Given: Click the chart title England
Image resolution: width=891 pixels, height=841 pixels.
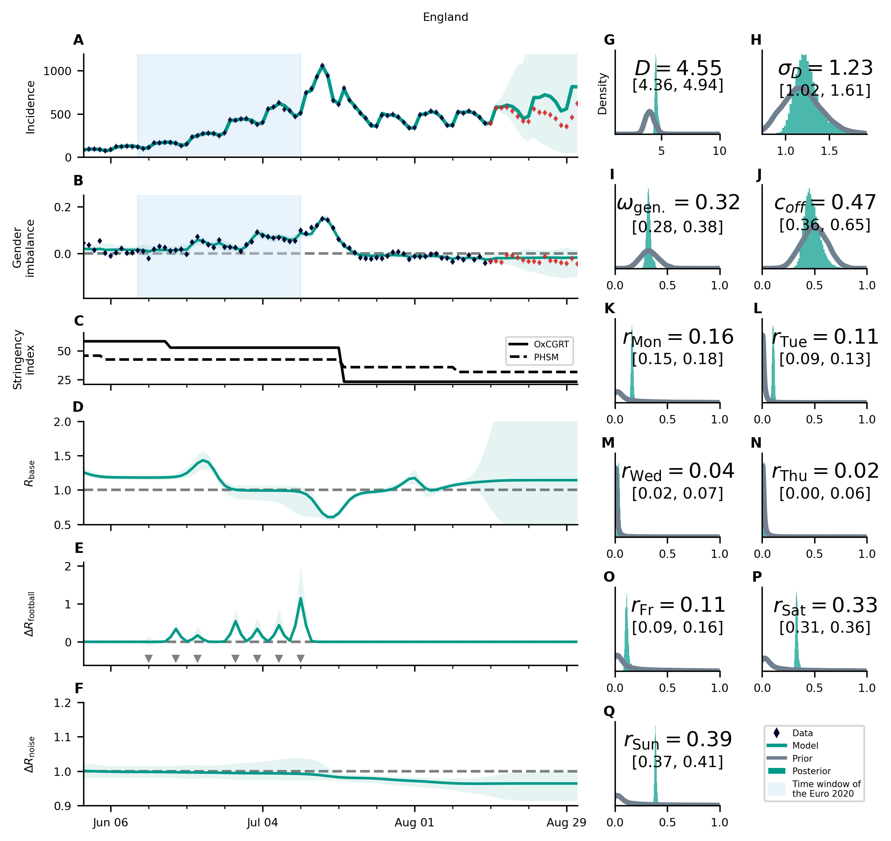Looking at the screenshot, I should (x=445, y=17).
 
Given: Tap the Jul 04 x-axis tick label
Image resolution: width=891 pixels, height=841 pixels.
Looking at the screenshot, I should (x=262, y=822).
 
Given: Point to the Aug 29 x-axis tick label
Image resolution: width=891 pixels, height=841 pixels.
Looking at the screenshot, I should (x=566, y=822).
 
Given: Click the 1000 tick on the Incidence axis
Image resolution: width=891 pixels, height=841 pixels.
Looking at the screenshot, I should (x=57, y=71).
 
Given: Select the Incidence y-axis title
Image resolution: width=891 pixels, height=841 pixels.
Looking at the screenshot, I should (x=30, y=108).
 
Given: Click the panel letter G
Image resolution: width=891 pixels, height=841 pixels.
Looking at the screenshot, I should (x=609, y=40).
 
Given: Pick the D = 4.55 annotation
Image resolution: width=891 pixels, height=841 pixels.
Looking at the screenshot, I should (x=678, y=68).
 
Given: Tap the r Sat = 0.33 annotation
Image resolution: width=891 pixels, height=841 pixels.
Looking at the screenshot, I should (x=825, y=605).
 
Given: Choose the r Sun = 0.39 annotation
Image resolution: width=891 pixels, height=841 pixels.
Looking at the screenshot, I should (x=678, y=740).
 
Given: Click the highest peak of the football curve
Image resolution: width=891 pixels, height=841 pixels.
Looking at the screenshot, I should (x=300, y=598).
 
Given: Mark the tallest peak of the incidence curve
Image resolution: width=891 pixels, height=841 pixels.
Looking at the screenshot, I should (x=322, y=66).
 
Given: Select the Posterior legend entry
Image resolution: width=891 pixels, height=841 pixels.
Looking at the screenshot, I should (x=811, y=771).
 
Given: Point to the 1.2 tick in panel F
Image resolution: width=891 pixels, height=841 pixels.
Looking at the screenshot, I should (x=62, y=703).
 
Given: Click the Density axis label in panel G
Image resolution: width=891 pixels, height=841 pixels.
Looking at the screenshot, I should (x=602, y=94).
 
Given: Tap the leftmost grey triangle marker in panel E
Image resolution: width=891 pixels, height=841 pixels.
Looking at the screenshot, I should (x=149, y=659).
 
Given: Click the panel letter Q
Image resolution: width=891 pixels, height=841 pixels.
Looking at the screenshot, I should (x=609, y=712).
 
